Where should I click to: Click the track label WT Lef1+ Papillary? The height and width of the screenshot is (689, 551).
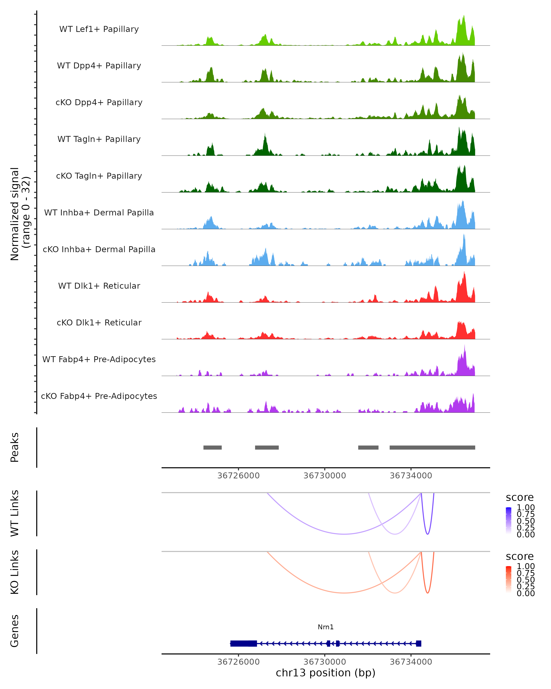[x=99, y=29]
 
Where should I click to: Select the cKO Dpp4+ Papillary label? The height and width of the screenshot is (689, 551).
[x=99, y=102]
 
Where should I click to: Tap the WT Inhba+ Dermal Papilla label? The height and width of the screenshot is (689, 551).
[x=99, y=212]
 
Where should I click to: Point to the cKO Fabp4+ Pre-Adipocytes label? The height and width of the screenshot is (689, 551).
[x=99, y=396]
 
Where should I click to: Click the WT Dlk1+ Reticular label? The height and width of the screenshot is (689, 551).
[x=99, y=286]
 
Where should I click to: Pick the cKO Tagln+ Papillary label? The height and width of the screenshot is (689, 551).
[x=99, y=176]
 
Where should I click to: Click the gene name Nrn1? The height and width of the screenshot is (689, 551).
[x=326, y=627]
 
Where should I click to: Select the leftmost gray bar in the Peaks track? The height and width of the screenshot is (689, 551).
[x=212, y=447]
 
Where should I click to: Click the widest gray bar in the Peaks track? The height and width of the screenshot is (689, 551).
[x=432, y=447]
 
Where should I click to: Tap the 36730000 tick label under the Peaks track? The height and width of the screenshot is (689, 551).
[x=325, y=476]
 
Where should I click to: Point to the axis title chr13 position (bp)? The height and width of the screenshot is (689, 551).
[x=326, y=673]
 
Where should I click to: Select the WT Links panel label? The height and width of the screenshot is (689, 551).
[x=15, y=513]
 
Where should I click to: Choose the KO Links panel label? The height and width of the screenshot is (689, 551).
[x=15, y=572]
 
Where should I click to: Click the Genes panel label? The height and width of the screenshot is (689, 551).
[x=15, y=631]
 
